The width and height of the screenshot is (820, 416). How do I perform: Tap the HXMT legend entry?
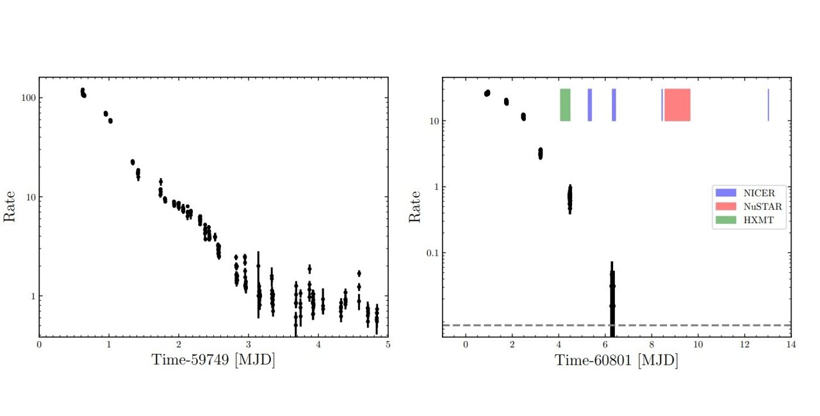tap(748, 220)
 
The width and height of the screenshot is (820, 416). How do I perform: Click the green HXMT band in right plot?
tap(565, 104)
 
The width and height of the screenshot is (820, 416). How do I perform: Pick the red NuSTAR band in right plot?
tap(677, 104)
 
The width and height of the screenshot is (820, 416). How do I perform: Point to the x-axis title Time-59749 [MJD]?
tap(213, 360)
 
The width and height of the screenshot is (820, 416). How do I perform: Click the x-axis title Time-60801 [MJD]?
tap(616, 360)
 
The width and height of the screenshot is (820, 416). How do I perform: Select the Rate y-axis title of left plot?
tap(10, 206)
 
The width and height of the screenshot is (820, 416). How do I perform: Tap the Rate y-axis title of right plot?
tap(415, 206)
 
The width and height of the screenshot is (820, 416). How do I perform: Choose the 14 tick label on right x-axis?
tap(791, 345)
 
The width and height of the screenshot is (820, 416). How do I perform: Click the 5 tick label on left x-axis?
tap(388, 345)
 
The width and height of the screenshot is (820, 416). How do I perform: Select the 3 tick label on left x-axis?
tap(248, 345)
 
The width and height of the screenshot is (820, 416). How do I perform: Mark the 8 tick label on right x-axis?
tap(652, 345)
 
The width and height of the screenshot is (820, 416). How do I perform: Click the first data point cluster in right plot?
tap(487, 93)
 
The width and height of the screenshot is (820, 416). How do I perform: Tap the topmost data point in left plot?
tap(83, 90)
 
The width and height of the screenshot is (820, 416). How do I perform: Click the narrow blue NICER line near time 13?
tap(768, 104)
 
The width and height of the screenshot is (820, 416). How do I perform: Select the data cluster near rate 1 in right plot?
tap(570, 199)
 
